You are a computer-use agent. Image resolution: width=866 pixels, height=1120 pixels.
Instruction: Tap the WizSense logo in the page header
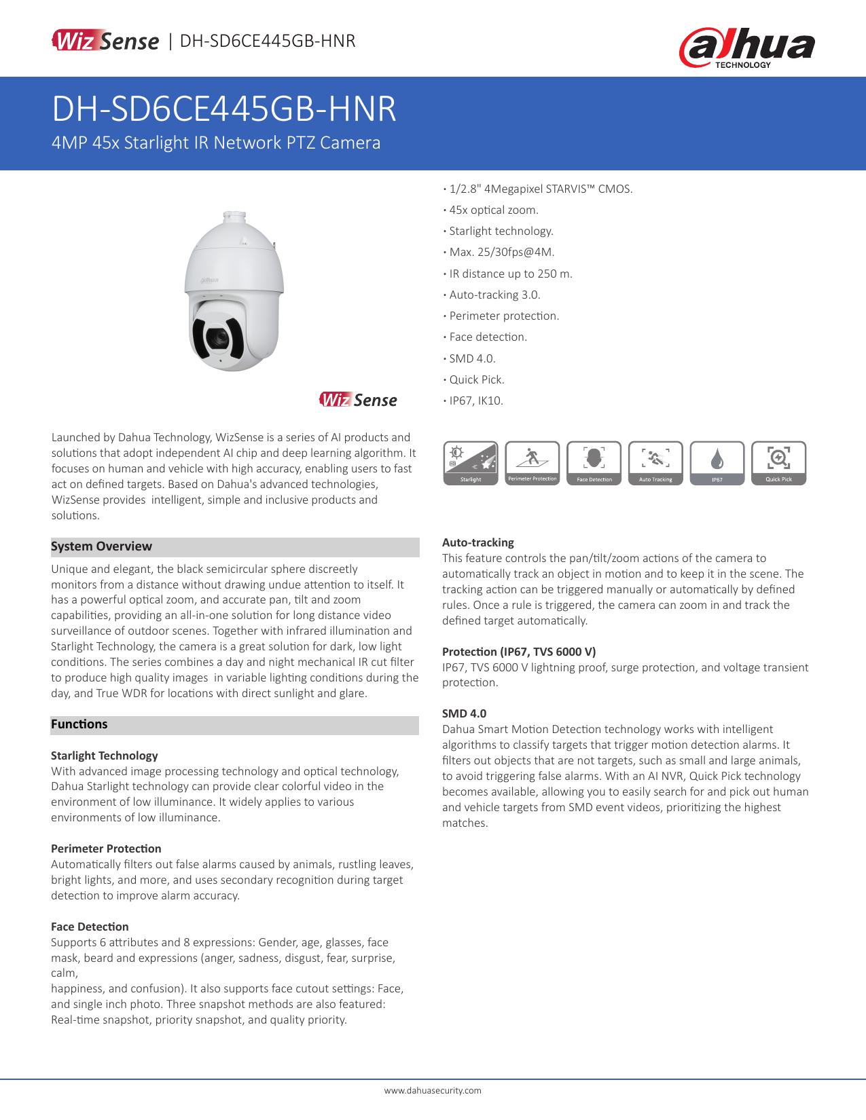(x=105, y=41)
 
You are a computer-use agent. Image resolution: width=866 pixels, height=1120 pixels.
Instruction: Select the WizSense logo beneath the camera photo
(x=358, y=400)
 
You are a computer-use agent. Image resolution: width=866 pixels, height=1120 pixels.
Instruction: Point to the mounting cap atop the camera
(x=236, y=219)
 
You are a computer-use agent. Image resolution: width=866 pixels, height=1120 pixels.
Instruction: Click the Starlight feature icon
(x=471, y=463)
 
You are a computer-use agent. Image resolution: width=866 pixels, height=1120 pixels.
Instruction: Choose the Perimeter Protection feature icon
(x=533, y=463)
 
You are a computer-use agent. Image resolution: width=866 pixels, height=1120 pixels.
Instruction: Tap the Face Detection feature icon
(x=594, y=463)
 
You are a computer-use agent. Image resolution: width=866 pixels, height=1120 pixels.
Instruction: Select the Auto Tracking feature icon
(x=655, y=463)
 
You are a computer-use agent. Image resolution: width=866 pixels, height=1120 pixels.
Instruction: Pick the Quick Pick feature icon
(x=778, y=463)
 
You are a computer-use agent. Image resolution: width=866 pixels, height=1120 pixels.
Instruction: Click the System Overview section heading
(x=102, y=546)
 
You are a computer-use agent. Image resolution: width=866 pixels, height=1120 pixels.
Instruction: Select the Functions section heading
(x=79, y=724)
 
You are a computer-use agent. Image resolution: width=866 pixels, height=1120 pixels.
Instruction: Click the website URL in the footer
(x=433, y=1090)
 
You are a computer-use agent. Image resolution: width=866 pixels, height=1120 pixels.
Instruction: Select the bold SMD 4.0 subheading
(x=464, y=713)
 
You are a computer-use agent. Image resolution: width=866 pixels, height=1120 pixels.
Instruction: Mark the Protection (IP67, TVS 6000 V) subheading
(x=519, y=652)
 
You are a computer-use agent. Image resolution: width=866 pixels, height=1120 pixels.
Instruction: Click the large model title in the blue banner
(x=225, y=109)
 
